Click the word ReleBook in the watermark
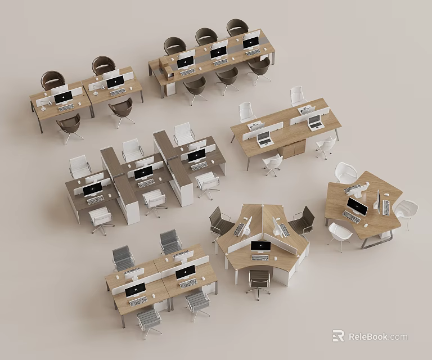click(368, 337)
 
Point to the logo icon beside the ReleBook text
click(338, 336)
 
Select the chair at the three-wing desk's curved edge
click(259, 280)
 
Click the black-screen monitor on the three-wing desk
click(260, 246)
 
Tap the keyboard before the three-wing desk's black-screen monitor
click(260, 258)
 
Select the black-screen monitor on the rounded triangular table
click(357, 206)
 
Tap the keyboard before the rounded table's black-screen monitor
click(351, 217)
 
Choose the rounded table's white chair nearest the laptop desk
click(345, 173)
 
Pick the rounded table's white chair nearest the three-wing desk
click(339, 233)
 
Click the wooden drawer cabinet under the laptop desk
click(294, 149)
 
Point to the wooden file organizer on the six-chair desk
click(168, 71)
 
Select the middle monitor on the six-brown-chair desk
click(218, 52)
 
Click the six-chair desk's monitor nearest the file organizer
click(185, 61)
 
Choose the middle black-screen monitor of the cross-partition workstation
click(143, 172)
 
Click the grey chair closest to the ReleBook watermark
click(197, 301)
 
